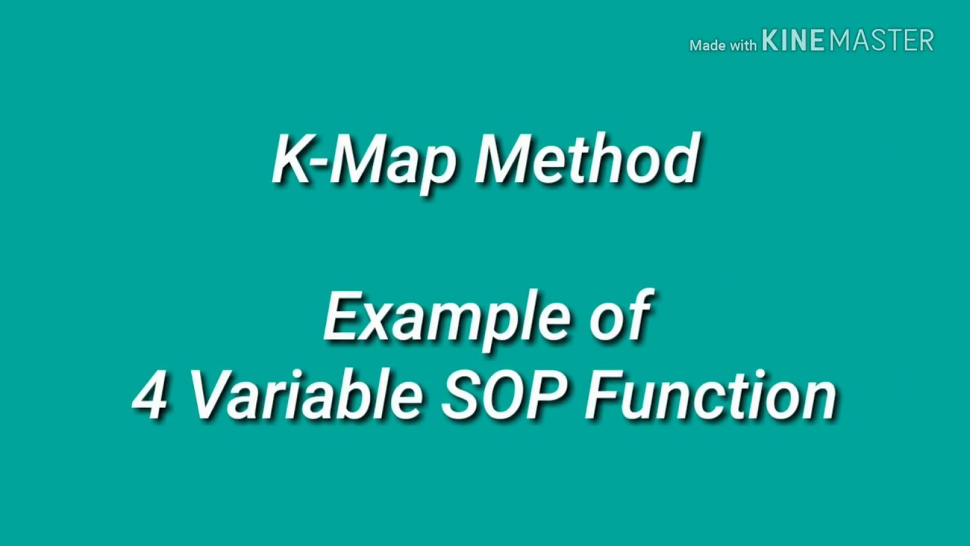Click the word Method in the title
coord(587,160)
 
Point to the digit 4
coord(149,397)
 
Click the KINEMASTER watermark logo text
coord(847,41)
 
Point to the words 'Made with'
coord(722,45)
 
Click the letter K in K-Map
coord(293,160)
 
